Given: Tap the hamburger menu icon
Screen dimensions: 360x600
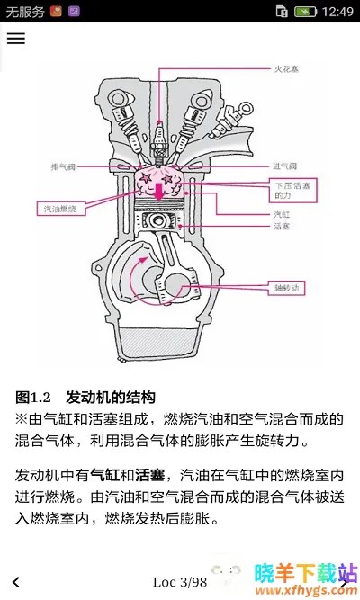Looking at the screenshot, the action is [16, 39].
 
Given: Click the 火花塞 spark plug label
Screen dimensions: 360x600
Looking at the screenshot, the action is [286, 69].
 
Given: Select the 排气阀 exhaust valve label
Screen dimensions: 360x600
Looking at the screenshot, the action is [63, 166].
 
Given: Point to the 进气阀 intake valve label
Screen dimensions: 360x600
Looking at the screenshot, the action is [284, 166].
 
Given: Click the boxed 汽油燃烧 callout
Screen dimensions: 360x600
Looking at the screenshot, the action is [61, 209].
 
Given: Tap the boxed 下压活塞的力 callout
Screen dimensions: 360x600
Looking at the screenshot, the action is [293, 190].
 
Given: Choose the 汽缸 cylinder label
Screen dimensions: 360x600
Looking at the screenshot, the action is [282, 214].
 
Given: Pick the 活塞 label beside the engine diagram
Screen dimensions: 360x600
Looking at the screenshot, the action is [282, 226].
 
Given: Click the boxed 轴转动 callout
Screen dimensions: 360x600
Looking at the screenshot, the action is [286, 288].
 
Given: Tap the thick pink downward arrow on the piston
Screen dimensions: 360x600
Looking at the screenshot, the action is [158, 191].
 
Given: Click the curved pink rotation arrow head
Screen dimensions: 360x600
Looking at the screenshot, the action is [143, 261].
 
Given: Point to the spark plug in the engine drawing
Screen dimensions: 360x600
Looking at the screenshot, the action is [159, 140].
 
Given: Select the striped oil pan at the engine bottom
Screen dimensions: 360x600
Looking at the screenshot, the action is [159, 344].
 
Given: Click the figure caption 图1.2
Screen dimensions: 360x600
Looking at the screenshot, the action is [33, 398].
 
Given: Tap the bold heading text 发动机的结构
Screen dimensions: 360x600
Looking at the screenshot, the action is [111, 398].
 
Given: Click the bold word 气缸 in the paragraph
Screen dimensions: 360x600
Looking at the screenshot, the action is [104, 475].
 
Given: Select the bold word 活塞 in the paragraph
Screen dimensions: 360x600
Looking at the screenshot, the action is [149, 475].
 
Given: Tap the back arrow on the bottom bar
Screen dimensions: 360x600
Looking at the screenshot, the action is [16, 582].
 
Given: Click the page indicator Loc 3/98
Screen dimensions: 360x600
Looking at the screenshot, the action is [180, 582].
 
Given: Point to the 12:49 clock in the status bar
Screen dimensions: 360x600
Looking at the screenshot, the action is [337, 12].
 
